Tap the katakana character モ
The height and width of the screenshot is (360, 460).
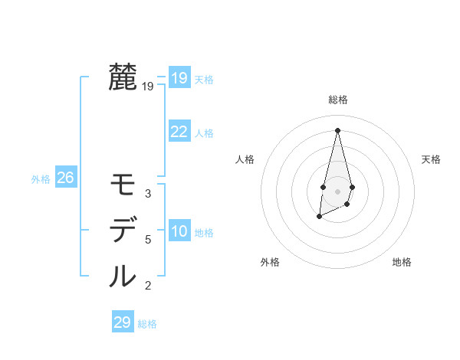pos(123,185)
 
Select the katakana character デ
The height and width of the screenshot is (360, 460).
pos(123,230)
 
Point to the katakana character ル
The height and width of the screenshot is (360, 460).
pos(123,276)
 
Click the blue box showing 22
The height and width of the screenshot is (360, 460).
pos(179,132)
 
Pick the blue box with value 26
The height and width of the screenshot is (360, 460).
pos(65,178)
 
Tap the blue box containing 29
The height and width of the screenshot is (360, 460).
pos(122,322)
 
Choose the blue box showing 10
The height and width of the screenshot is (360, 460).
pos(179,231)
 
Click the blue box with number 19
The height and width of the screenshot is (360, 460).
pos(179,78)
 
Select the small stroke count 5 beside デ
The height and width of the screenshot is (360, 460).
pos(148,240)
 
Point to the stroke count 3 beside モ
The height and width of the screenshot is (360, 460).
pos(148,194)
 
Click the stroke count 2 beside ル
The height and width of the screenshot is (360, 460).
pos(148,286)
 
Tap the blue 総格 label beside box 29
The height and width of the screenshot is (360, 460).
pos(147,324)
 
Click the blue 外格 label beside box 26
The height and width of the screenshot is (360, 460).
pos(41,179)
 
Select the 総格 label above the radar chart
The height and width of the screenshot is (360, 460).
pos(338,100)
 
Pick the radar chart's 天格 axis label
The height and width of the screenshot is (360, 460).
pos(432,159)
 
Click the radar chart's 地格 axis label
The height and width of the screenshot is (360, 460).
pos(402,262)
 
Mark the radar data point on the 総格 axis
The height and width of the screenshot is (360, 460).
pos(337,129)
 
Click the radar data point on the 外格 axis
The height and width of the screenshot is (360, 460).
pos(319,218)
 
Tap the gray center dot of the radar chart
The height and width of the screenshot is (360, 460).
pos(337,191)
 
